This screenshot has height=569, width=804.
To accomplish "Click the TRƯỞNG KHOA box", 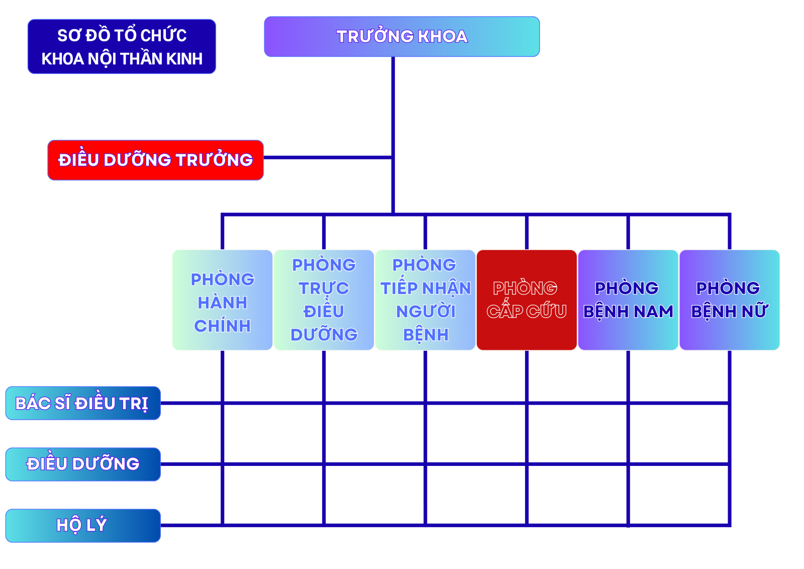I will [x=401, y=36].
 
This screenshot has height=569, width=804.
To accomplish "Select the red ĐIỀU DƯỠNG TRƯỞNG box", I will [x=155, y=160].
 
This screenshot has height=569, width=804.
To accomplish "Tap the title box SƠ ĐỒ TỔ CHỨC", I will [x=122, y=47].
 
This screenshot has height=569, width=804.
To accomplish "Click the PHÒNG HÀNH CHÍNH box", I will [x=222, y=300].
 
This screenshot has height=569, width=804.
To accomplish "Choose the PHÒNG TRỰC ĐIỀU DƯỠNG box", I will [x=324, y=300].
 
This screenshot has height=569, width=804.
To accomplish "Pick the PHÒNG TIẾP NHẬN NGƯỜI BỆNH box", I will [x=425, y=300].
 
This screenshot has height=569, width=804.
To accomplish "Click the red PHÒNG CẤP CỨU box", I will [x=527, y=300].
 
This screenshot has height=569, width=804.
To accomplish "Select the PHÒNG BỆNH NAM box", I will [x=628, y=300].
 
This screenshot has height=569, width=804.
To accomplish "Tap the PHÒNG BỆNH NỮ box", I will [x=729, y=300].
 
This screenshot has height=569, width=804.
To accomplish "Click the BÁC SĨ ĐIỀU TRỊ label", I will [x=83, y=403].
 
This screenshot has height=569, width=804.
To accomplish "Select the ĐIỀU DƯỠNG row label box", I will [x=83, y=464].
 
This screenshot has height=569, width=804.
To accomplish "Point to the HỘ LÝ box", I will [x=83, y=525].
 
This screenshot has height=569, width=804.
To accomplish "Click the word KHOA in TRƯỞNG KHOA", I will [x=443, y=37].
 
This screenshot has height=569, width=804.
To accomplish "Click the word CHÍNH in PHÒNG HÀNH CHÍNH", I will [x=222, y=326].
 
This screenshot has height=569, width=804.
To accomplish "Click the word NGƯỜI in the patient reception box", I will [x=426, y=312].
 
